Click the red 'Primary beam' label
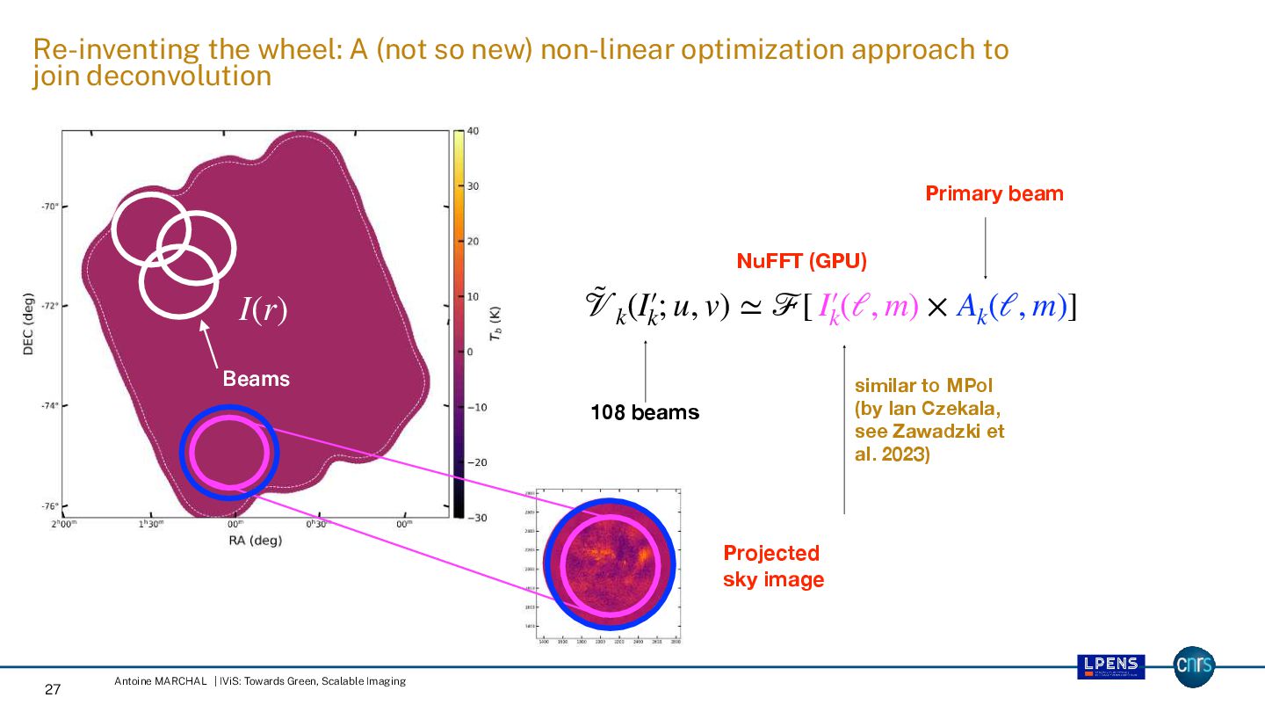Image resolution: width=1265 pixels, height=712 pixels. tap(994, 193)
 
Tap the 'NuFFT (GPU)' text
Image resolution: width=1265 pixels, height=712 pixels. tap(801, 261)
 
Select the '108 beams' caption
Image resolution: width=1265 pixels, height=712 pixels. tap(645, 412)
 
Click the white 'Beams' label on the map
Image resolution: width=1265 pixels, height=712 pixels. tap(256, 379)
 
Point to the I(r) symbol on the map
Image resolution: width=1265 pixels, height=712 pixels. tap(263, 310)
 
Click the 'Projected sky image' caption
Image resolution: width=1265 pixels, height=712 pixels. tap(772, 566)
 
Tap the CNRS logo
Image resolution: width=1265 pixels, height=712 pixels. tap(1194, 667)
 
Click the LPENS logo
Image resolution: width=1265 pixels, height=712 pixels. tap(1110, 667)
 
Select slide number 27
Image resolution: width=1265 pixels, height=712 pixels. tap(52, 690)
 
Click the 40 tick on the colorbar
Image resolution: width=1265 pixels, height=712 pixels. tap(473, 132)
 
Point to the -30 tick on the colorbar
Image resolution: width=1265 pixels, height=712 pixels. tap(475, 518)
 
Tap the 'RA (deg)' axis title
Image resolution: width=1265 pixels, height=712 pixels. tap(255, 541)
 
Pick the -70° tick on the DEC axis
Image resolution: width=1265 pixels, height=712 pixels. tap(48, 207)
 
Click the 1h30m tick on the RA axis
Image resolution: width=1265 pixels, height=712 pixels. tap(151, 524)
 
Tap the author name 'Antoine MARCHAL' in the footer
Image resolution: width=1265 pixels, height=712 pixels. tap(160, 681)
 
